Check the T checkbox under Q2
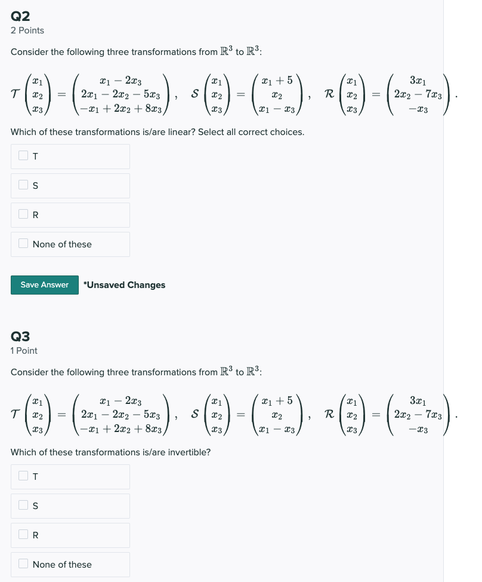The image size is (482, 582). (23, 156)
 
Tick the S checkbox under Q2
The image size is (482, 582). (23, 185)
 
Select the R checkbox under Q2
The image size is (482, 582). (23, 215)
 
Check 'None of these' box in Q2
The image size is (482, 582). (23, 244)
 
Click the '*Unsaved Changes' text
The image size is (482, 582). (125, 285)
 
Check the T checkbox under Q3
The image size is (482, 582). (23, 476)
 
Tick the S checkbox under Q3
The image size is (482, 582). (23, 506)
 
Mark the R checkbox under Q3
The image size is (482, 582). (23, 535)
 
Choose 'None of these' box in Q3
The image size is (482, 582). (23, 564)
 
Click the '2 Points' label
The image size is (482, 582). (27, 30)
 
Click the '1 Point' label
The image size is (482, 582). (24, 351)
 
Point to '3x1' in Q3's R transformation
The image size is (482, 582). (418, 400)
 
